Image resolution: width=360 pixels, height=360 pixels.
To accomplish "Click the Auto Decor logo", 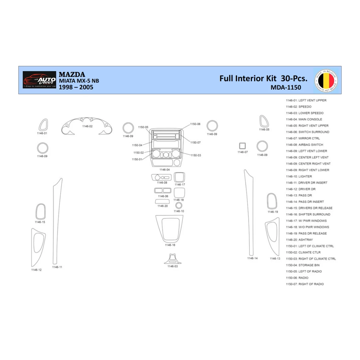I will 39,80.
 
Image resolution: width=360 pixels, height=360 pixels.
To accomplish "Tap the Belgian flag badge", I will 326,80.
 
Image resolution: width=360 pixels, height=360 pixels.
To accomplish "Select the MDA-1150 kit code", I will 286,88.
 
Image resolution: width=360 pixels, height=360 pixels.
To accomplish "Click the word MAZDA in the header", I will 72,75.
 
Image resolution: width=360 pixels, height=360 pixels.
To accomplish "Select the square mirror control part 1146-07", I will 242,146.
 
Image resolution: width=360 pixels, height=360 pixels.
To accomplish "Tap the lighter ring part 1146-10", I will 179,205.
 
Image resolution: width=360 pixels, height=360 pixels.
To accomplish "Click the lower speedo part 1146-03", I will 173,259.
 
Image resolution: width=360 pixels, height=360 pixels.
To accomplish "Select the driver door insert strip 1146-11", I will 57,222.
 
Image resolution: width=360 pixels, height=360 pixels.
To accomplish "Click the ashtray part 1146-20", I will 162,201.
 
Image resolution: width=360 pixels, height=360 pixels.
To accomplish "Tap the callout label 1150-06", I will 195,124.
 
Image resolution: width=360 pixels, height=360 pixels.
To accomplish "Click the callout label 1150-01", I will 137,159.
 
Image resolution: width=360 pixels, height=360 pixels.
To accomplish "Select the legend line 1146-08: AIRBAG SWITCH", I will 304,145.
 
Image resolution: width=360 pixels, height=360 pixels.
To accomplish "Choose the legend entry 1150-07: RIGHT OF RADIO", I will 305,284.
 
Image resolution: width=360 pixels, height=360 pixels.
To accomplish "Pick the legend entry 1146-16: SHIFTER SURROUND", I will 308,214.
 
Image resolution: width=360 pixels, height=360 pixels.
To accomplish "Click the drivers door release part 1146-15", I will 40,211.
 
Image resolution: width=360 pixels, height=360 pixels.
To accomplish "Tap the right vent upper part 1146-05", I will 264,121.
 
